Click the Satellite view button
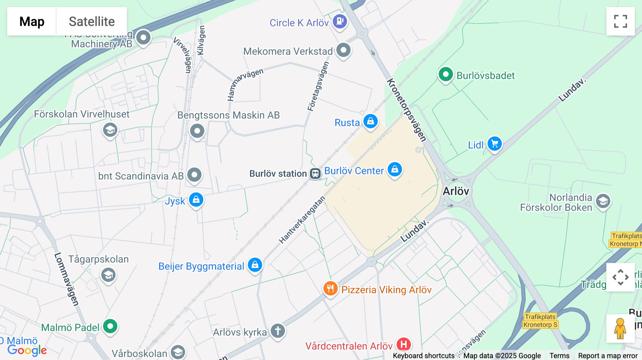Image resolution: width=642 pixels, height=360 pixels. pyautogui.click(x=92, y=21)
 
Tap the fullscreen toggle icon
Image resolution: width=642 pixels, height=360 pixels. pyautogui.click(x=620, y=21)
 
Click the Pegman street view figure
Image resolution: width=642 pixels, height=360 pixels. pyautogui.click(x=620, y=328)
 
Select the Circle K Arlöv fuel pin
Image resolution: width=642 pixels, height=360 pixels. pyautogui.click(x=340, y=21)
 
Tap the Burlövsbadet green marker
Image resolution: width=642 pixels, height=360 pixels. pyautogui.click(x=445, y=74)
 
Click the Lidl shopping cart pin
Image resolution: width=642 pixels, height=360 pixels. pyautogui.click(x=495, y=144)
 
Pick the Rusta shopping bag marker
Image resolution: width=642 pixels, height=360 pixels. pyautogui.click(x=371, y=122)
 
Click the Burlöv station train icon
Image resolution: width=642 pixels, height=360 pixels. pyautogui.click(x=315, y=174)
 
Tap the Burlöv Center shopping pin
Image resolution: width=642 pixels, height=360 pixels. pyautogui.click(x=395, y=169)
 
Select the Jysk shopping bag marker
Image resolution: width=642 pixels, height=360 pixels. pyautogui.click(x=196, y=200)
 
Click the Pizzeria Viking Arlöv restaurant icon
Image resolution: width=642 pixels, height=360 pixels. pyautogui.click(x=330, y=289)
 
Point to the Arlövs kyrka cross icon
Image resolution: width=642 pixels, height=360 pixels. pyautogui.click(x=278, y=331)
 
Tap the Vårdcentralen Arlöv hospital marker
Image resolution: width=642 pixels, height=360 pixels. pyautogui.click(x=404, y=344)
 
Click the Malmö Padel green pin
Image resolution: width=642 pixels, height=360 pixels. pyautogui.click(x=110, y=326)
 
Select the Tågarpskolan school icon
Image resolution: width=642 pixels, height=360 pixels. pyautogui.click(x=108, y=275)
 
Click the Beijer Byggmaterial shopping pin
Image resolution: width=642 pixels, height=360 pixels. pyautogui.click(x=255, y=265)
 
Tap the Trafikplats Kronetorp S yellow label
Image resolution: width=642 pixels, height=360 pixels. pyautogui.click(x=540, y=321)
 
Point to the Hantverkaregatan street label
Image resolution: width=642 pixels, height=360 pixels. pyautogui.click(x=302, y=220)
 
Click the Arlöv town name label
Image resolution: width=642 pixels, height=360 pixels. pyautogui.click(x=456, y=191)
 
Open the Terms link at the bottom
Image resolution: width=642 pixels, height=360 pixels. pyautogui.click(x=559, y=356)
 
